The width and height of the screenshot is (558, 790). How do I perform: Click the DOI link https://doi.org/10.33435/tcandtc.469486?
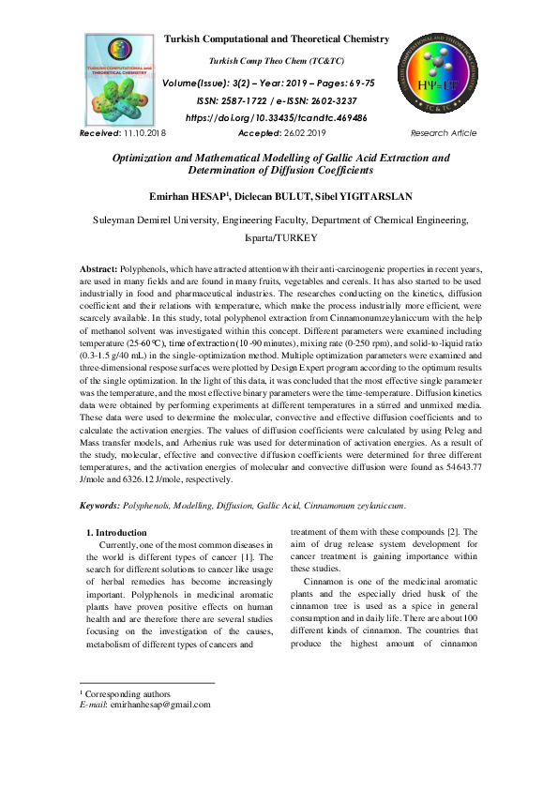tap(276, 118)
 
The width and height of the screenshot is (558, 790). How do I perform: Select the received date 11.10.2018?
tap(143, 133)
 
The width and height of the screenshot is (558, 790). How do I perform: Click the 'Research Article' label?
tap(444, 133)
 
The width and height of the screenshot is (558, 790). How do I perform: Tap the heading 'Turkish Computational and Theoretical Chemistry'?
tap(276, 38)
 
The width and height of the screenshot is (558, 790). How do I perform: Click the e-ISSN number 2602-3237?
tap(330, 100)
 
